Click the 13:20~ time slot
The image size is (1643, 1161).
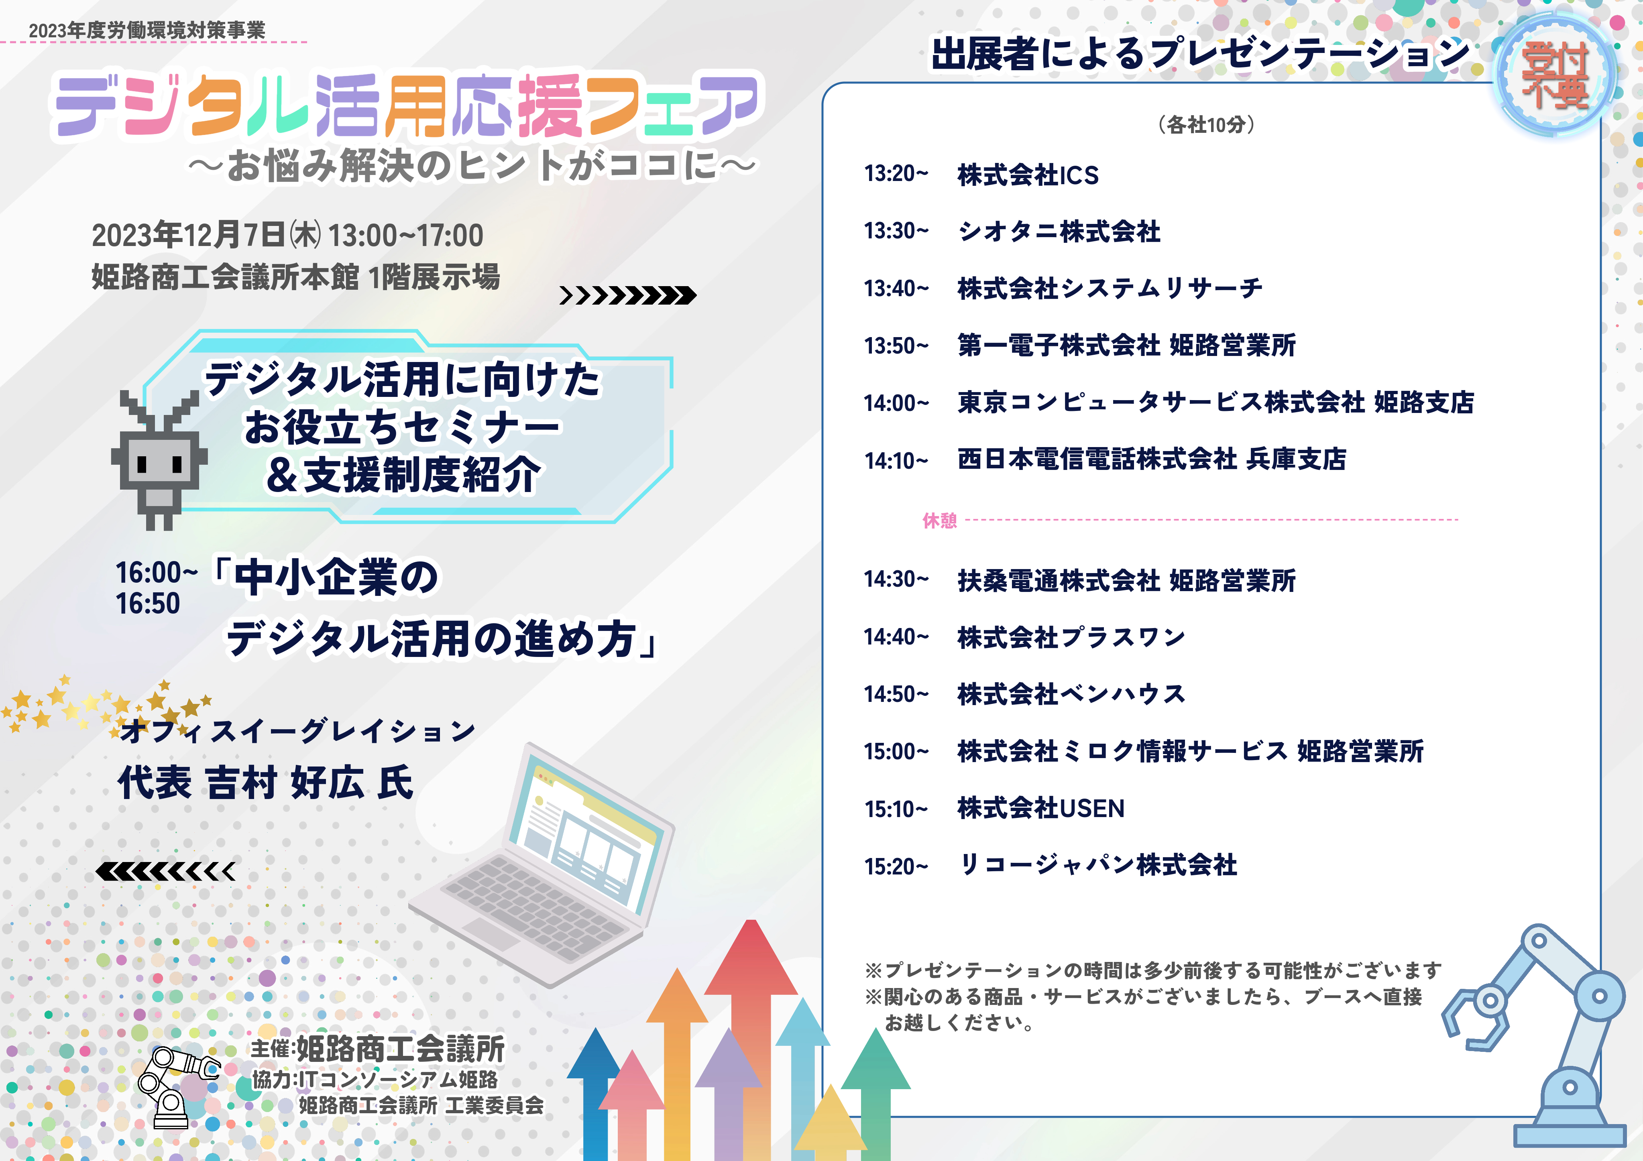click(x=896, y=174)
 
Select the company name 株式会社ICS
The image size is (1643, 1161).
click(x=1028, y=175)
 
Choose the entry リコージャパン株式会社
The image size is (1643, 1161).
click(x=1098, y=865)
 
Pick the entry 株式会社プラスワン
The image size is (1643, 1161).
click(x=1071, y=636)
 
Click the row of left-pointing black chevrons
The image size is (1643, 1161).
click(x=165, y=871)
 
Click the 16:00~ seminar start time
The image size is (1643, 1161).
click(x=157, y=573)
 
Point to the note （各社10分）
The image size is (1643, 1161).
click(x=1207, y=124)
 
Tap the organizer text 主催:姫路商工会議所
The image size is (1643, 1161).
click(x=378, y=1049)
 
